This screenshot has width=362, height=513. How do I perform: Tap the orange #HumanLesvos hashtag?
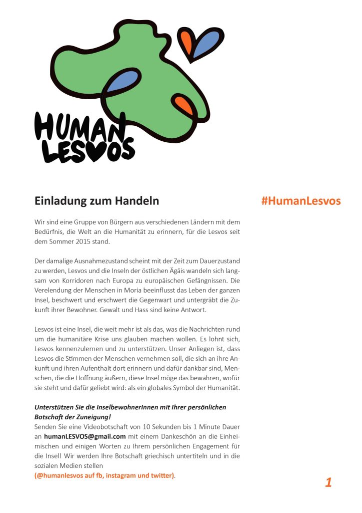300,201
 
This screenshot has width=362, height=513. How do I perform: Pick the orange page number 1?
328,482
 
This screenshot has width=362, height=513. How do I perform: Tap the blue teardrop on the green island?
122,81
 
